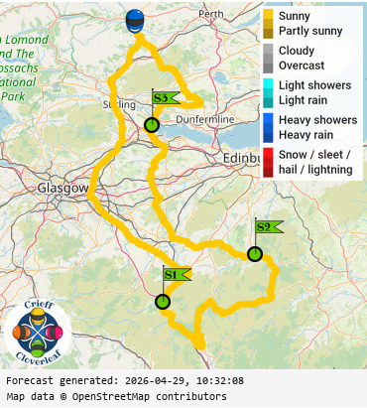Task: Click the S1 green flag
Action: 173,274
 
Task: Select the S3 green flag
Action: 162,97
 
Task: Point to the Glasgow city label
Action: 62,188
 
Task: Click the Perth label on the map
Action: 211,15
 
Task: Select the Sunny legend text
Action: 295,17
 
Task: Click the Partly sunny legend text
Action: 310,31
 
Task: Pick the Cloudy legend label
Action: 297,51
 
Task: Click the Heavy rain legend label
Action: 306,134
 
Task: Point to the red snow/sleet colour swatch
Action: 268,161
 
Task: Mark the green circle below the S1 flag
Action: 163,302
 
